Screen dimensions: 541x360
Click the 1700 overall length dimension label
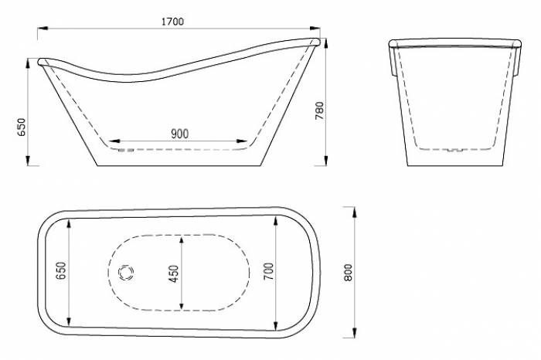[173, 22]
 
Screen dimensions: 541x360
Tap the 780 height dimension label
[319, 110]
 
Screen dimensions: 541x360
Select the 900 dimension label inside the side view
[180, 134]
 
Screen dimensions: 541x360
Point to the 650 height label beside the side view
[22, 127]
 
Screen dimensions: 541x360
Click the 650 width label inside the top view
[61, 271]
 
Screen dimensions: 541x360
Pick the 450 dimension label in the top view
[174, 273]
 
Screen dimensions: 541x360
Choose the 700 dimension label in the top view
[269, 271]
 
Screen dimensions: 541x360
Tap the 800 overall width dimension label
[348, 273]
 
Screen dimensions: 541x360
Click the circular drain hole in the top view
[126, 273]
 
